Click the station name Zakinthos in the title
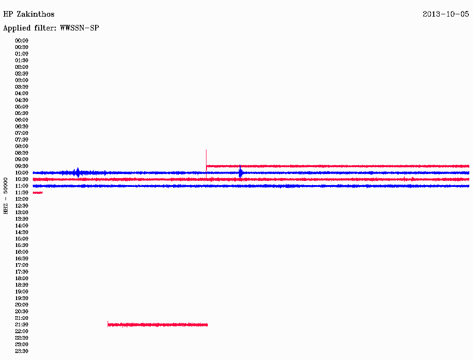point(36,14)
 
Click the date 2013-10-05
point(446,14)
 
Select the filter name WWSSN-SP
point(79,28)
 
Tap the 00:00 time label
point(22,41)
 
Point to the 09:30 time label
point(22,166)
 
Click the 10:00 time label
point(22,173)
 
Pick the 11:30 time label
point(22,192)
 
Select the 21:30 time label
point(22,325)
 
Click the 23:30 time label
point(22,351)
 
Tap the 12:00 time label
point(22,199)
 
